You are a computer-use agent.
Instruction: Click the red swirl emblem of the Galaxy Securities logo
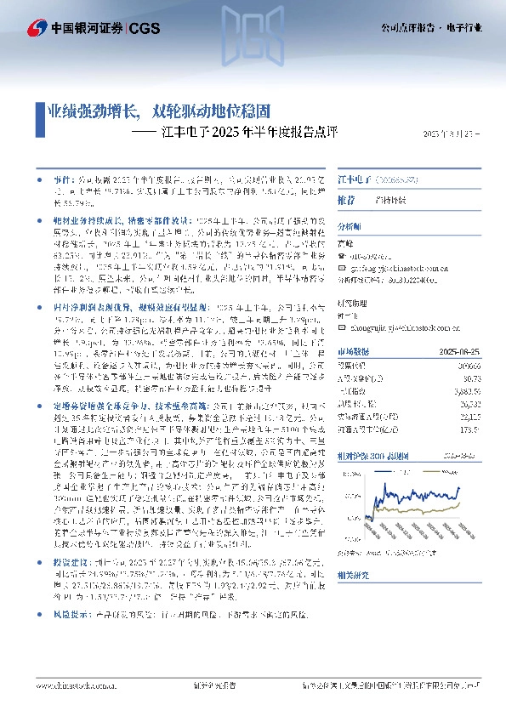pos(36,27)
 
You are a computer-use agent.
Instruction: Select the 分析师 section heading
pos(350,227)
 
